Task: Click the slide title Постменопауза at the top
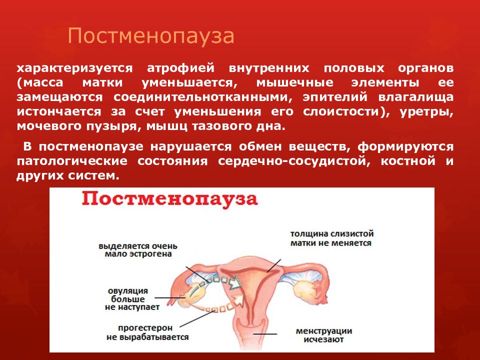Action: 151,36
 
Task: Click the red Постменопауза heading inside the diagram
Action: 170,199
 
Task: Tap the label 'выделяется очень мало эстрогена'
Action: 137,250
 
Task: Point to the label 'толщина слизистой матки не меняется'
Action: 332,238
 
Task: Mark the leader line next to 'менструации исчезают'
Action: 264,333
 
